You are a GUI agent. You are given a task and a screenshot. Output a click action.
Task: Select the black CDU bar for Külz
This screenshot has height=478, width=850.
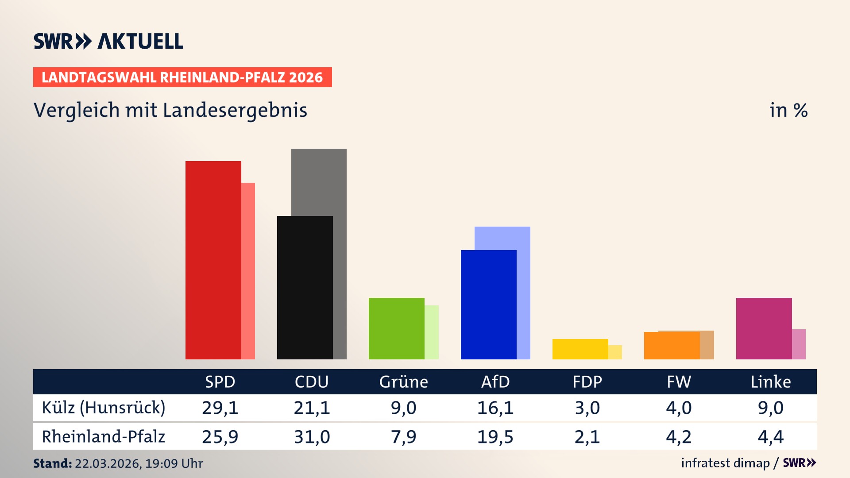[x=305, y=288]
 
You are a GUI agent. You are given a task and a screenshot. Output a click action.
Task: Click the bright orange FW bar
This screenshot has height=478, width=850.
[x=672, y=346]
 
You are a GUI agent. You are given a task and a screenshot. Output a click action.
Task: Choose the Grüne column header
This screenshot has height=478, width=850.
[x=403, y=382]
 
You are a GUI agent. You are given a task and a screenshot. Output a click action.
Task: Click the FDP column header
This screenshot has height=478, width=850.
[x=587, y=382]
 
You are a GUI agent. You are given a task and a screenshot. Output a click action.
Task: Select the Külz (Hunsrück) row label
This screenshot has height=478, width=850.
[x=104, y=408]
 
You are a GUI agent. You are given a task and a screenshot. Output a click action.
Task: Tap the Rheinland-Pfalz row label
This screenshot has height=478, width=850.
[x=104, y=437]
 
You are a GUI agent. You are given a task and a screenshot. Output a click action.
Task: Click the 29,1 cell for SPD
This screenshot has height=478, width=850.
[x=220, y=408]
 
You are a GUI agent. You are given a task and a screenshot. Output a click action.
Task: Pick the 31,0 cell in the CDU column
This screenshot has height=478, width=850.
[x=312, y=437]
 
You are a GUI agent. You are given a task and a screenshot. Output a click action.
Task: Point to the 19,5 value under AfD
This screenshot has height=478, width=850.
[x=495, y=437]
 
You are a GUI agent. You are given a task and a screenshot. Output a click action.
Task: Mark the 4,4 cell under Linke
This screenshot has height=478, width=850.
[x=770, y=437]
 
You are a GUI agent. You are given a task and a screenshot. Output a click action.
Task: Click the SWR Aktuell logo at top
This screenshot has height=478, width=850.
[x=108, y=41]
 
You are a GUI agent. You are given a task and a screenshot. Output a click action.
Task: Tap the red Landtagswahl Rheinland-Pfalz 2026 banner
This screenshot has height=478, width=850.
[x=182, y=77]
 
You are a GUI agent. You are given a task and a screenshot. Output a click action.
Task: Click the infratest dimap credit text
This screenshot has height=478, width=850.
[x=725, y=463]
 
